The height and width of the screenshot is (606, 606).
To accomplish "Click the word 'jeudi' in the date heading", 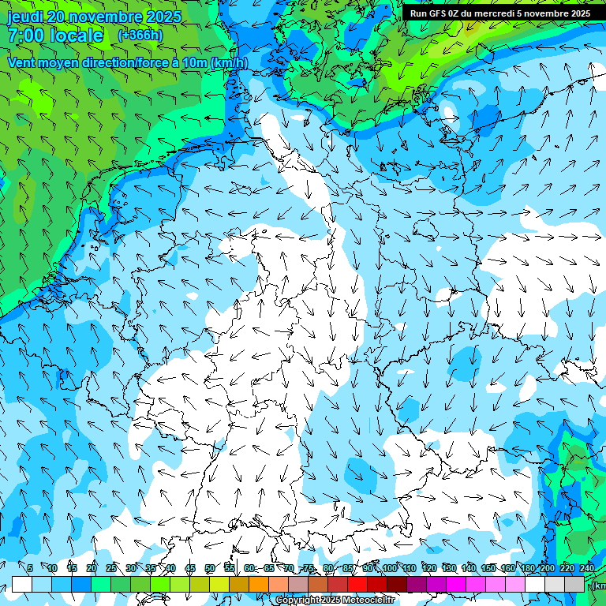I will pos(24,17).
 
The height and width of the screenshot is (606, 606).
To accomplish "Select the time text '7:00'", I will pos(26,36).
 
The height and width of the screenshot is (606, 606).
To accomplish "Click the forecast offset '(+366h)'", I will pos(140,35).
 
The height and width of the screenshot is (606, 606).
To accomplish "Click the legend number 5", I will pos(29,568).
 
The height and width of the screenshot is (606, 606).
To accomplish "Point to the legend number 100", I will pos(389,568).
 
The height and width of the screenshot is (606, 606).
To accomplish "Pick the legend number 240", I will pos(586,568).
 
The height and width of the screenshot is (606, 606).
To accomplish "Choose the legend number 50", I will pos(210,568).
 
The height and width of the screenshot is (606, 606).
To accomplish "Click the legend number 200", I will pos(547,568).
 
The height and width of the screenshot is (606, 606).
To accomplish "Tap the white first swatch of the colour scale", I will pos(22,584).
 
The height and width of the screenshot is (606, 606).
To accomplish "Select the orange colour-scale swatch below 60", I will pos(239,584).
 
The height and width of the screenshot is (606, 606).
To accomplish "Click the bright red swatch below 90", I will pos(357,584).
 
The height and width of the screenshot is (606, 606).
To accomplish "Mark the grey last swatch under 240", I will pos(574,584).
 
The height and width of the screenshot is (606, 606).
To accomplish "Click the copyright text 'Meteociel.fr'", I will pos(368,600).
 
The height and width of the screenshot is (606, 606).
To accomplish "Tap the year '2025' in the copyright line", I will pos(327,600).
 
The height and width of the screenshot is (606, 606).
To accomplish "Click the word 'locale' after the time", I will pos(76,36).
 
